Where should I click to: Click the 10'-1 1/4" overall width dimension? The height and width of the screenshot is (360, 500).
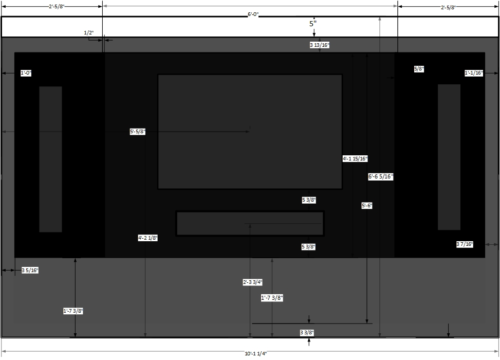tap(256, 353)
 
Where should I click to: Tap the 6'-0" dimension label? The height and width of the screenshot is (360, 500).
tap(253, 14)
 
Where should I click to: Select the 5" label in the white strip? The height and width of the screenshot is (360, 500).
tap(313, 24)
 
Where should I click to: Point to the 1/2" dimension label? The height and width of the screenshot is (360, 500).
tap(89, 33)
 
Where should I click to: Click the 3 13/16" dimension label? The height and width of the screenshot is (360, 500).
tap(320, 45)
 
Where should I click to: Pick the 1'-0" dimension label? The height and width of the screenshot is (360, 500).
tap(26, 73)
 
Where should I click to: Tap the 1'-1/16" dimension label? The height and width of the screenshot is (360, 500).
tap(474, 73)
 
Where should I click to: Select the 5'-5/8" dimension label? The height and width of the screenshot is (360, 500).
tap(137, 132)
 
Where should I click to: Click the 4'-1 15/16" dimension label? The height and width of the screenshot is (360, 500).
tap(355, 158)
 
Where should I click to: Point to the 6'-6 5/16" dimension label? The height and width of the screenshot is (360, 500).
tap(381, 176)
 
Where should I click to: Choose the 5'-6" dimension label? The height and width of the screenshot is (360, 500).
tap(367, 206)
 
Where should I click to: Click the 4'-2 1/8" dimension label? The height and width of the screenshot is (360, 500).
tap(147, 238)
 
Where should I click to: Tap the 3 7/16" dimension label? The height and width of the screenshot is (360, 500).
tap(465, 244)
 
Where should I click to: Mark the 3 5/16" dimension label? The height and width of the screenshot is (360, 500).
tap(30, 271)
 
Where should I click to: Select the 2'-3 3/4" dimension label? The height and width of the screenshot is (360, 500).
tap(252, 282)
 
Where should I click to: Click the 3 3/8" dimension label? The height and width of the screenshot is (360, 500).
tap(307, 333)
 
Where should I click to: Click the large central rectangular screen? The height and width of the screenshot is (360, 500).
tap(250, 132)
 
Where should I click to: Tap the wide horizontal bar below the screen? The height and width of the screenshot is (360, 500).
tap(250, 223)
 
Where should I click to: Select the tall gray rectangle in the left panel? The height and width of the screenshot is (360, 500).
tap(50, 159)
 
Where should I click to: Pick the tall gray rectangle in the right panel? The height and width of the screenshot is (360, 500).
tap(449, 157)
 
